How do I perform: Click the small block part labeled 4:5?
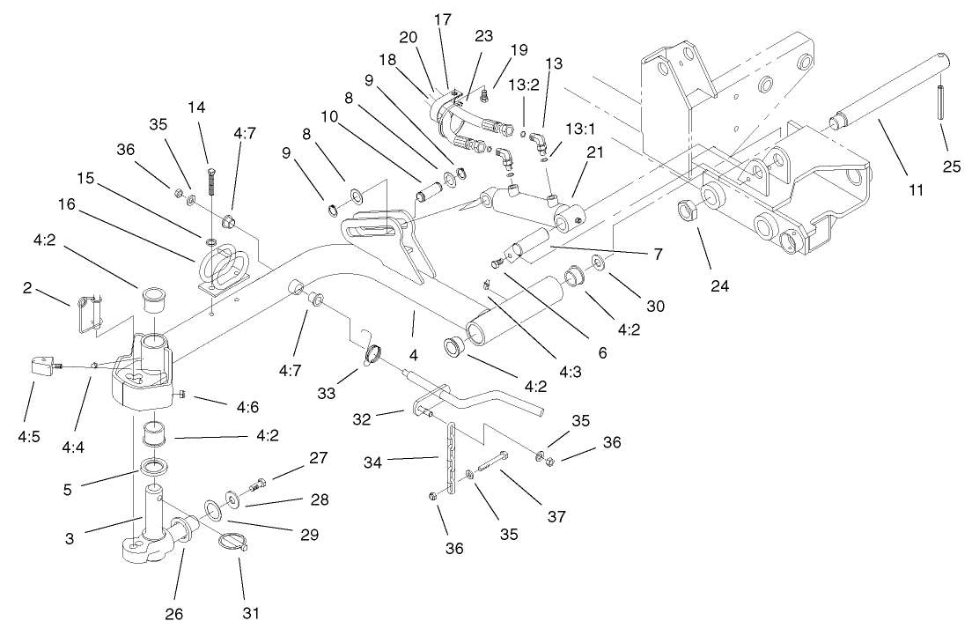pyautogui.click(x=40, y=367)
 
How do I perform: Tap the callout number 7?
pyautogui.click(x=657, y=253)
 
